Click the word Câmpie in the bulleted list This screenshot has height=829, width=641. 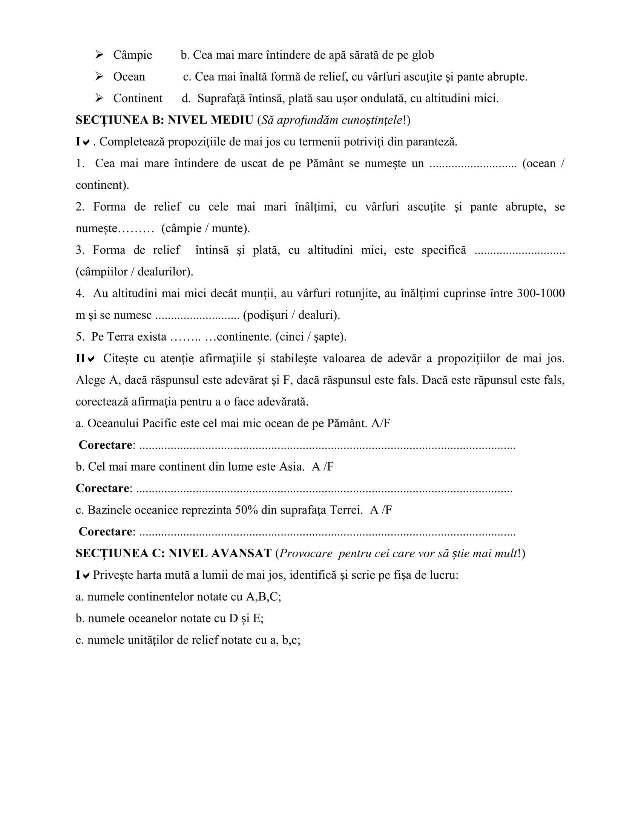pos(132,55)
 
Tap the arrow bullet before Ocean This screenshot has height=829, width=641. pos(100,76)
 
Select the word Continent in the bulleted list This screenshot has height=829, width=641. pos(138,98)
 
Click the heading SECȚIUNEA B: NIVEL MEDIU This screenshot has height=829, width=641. pos(164,120)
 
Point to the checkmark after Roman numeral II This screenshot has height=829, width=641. pos(91,359)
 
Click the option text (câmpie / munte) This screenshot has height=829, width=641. pos(205,228)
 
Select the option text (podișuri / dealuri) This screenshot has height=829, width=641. pos(291,315)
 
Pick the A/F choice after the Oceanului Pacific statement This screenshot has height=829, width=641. pos(380,423)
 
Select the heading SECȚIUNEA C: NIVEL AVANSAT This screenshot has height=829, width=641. pos(173,554)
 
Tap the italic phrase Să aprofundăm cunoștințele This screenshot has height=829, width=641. pos(331,120)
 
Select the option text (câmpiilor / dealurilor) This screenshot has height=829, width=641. pos(135,271)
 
